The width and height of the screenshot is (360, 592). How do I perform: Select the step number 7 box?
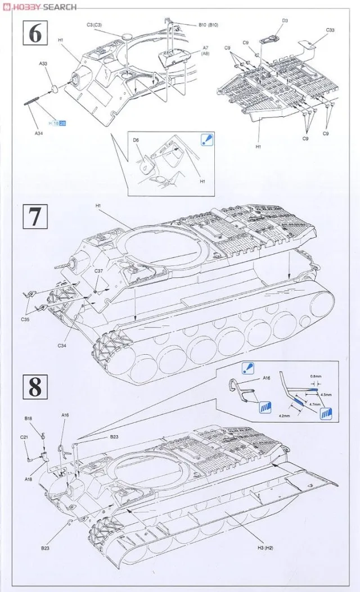pyautogui.click(x=34, y=216)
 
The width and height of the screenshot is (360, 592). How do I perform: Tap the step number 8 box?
pyautogui.click(x=34, y=387)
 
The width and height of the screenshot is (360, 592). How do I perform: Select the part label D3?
pyautogui.click(x=285, y=21)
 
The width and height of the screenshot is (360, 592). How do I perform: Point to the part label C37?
pyautogui.click(x=98, y=272)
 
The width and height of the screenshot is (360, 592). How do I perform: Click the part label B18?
pyautogui.click(x=28, y=419)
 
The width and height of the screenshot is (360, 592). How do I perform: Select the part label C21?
pyautogui.click(x=24, y=437)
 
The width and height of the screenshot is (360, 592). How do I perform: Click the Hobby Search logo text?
pyautogui.click(x=39, y=7)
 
